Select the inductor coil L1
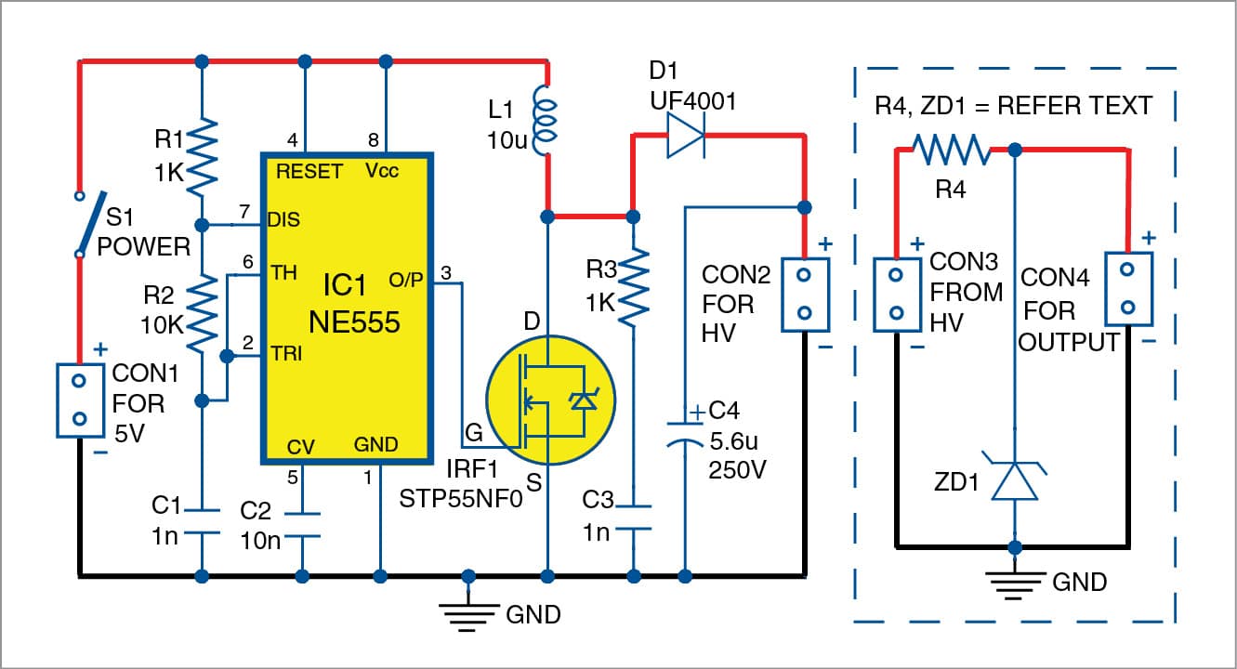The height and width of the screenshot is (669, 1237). (546, 116)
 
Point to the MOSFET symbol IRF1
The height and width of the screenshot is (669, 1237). (548, 400)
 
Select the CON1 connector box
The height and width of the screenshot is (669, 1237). (79, 400)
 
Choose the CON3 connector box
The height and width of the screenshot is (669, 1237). (896, 295)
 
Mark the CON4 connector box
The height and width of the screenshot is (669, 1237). (1127, 288)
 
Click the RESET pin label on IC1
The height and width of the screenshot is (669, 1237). (309, 172)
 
